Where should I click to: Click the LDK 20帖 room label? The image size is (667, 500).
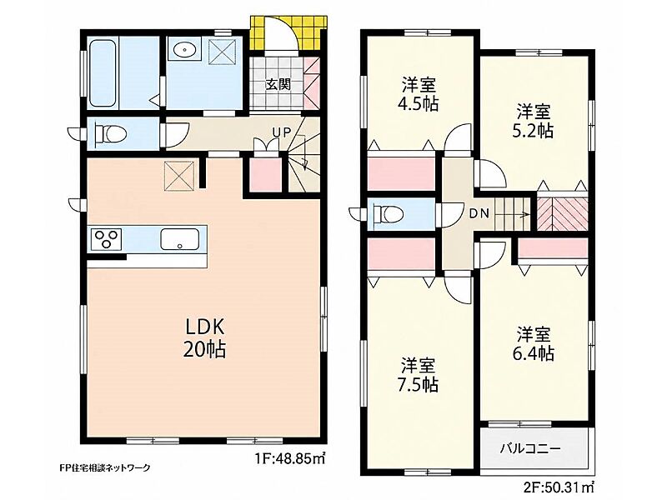[204, 338]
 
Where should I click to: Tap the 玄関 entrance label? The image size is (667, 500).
[278, 84]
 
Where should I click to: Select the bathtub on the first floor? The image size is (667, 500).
[103, 72]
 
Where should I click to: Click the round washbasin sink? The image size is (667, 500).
[184, 50]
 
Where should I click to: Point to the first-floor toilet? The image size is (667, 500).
[111, 133]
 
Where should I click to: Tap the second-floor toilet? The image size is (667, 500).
[388, 213]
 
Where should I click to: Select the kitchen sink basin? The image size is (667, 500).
[179, 239]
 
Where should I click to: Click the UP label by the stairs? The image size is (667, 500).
[282, 132]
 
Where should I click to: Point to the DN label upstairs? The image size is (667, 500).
[479, 213]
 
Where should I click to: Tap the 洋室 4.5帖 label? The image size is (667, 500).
[420, 94]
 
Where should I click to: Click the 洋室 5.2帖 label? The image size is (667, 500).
[534, 121]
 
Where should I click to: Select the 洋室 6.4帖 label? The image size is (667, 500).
[534, 343]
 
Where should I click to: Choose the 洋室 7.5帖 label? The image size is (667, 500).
[419, 375]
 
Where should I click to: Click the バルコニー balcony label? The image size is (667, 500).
[530, 448]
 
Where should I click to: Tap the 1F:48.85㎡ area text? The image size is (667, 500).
[291, 459]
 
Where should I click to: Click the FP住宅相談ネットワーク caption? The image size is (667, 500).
[105, 467]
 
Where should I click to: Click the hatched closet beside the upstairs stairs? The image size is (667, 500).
[562, 212]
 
